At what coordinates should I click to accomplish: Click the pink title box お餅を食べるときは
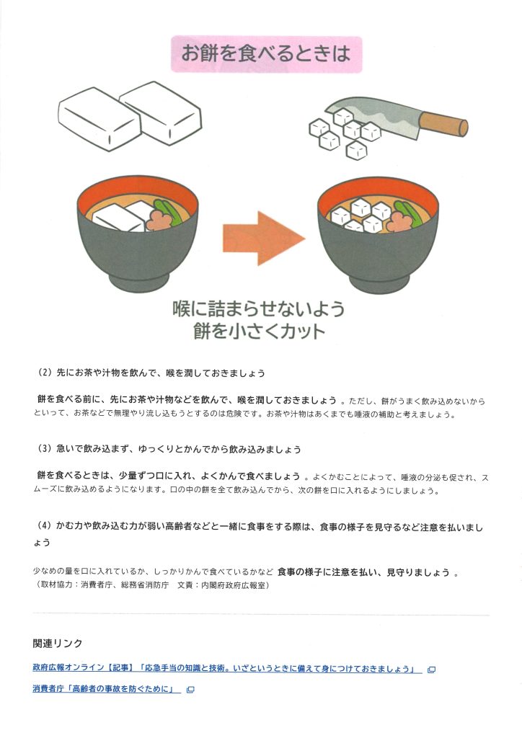point(266,53)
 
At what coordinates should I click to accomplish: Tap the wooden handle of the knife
point(443,124)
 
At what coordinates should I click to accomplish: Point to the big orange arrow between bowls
point(264,238)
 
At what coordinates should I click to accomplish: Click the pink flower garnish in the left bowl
point(159,219)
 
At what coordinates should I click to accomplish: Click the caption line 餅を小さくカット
point(259,332)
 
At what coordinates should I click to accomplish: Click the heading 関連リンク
point(58,644)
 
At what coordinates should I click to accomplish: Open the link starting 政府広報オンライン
point(227,669)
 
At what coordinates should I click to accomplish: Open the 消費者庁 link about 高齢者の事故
point(107,689)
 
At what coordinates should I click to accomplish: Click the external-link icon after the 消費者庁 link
point(190,690)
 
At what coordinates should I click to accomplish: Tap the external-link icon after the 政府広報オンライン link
point(431,670)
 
